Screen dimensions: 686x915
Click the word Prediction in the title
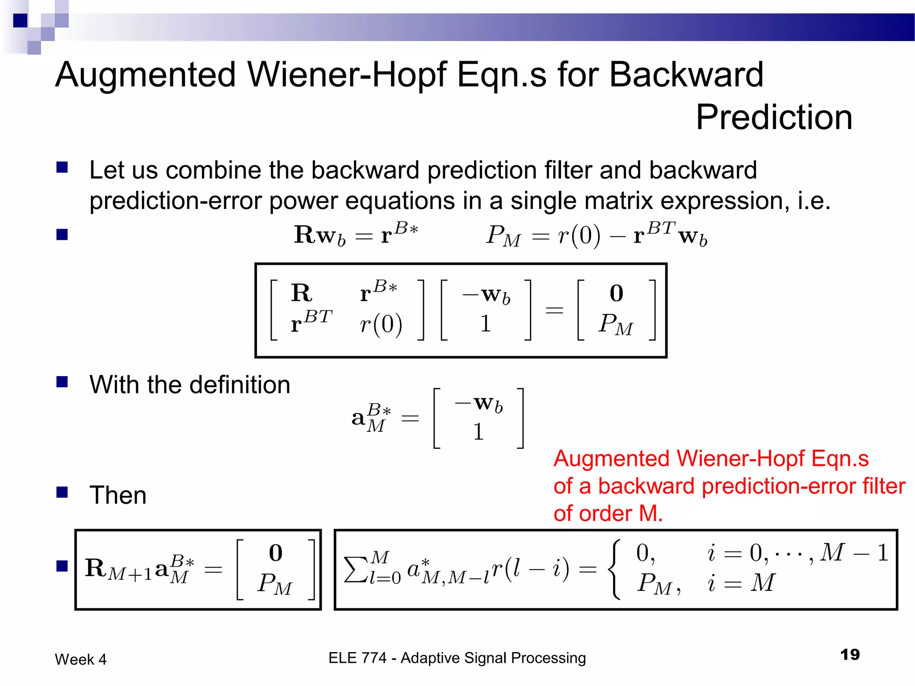click(774, 117)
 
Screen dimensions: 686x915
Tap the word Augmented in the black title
click(145, 75)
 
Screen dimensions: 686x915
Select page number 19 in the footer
click(850, 655)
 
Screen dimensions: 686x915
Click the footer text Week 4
click(81, 659)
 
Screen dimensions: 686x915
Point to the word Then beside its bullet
click(118, 495)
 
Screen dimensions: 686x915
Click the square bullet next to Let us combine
click(62, 167)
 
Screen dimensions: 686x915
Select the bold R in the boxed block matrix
click(302, 293)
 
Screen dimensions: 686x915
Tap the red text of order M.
click(608, 514)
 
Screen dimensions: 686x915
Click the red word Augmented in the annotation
click(612, 459)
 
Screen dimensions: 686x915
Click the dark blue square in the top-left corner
click(21, 21)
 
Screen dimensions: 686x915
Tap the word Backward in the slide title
click(686, 75)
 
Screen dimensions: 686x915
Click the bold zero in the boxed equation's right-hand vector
click(616, 293)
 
